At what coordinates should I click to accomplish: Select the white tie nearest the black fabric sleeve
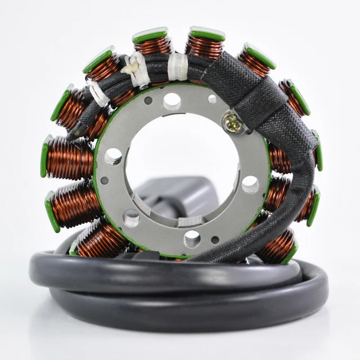pyautogui.click(x=178, y=66)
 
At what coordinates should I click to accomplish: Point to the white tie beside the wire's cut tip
pyautogui.click(x=98, y=93)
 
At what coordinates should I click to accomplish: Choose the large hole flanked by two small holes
pyautogui.click(x=172, y=101)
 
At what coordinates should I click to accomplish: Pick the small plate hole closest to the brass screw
pyautogui.click(x=212, y=99)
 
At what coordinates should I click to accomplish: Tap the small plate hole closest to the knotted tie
pyautogui.click(x=148, y=101)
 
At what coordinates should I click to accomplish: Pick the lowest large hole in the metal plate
pyautogui.click(x=192, y=238)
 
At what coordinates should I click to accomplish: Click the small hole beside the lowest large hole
pyautogui.click(x=215, y=240)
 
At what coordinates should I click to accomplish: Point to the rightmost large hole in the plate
pyautogui.click(x=250, y=184)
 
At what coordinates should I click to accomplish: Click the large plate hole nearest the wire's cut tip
pyautogui.click(x=112, y=156)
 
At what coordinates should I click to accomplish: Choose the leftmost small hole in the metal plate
pyautogui.click(x=104, y=181)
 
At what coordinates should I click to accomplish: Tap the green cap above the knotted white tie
pyautogui.click(x=150, y=35)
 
